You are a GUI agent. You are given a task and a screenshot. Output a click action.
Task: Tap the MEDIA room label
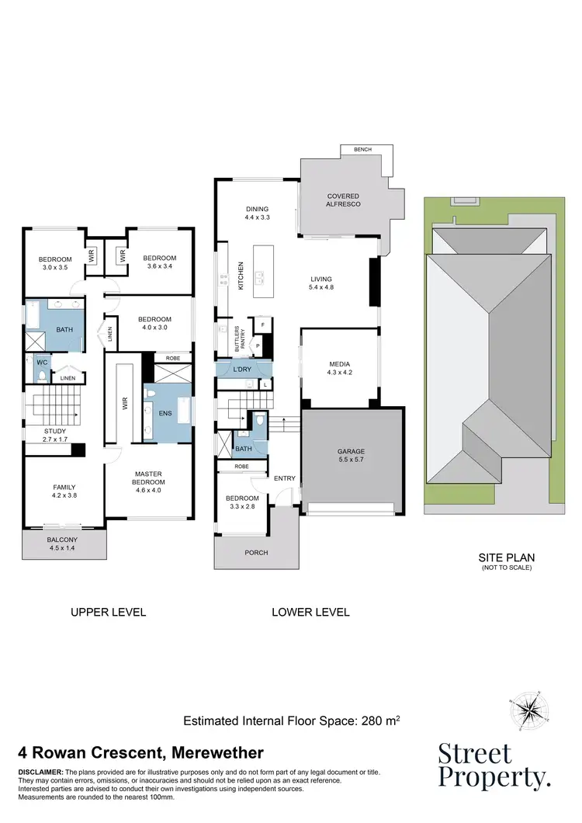tap(340, 363)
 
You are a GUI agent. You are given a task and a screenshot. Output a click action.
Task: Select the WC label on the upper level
tap(41, 361)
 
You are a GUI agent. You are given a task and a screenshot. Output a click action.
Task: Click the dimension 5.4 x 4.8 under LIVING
tap(321, 288)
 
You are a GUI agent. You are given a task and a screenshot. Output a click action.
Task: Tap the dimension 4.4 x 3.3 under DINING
tap(257, 218)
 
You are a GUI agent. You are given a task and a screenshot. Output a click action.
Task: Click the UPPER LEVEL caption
tap(108, 612)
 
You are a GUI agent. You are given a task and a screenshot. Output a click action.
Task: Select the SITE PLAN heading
tap(507, 557)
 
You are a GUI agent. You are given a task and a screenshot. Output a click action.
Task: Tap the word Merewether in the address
tap(220, 752)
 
